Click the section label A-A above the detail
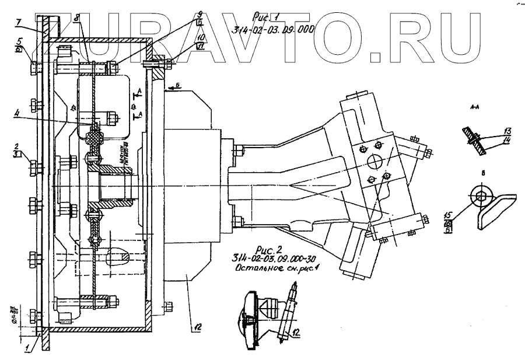tap(474, 108)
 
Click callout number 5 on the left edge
tap(19, 42)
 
